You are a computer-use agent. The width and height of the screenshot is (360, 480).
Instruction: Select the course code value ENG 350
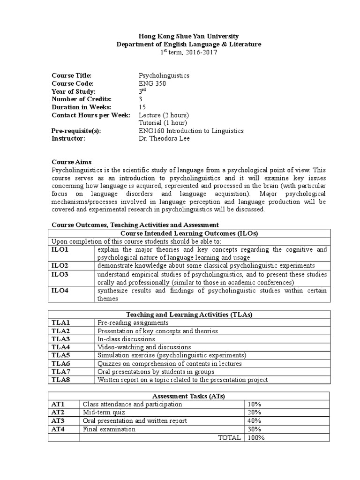(152, 83)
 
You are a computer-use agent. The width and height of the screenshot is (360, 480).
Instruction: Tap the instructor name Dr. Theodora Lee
(164, 139)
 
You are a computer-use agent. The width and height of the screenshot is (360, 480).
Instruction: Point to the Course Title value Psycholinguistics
(164, 75)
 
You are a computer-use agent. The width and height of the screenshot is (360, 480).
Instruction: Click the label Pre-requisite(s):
(76, 131)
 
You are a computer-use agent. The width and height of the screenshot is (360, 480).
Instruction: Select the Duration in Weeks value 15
(142, 107)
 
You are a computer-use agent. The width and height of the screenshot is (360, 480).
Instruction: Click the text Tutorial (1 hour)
(163, 123)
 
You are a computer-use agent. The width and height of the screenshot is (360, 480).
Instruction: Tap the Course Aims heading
(71, 161)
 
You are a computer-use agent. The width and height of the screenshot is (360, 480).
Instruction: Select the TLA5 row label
(60, 355)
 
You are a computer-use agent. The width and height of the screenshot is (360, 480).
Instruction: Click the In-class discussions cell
(126, 339)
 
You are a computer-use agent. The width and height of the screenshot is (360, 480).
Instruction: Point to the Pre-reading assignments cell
(132, 322)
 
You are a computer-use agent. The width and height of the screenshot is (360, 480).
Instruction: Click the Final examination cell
(109, 429)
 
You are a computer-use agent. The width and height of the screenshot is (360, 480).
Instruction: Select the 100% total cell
(256, 437)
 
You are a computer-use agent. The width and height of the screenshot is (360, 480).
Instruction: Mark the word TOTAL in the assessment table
(230, 437)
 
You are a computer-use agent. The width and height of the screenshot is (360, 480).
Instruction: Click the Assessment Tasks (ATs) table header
(189, 396)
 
